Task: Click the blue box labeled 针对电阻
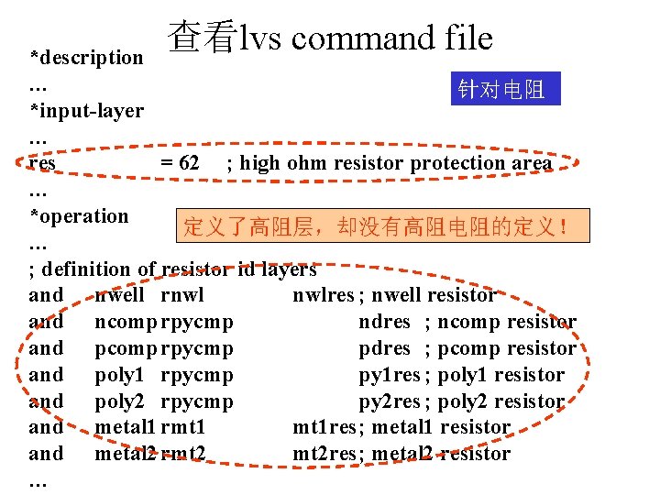tap(505, 89)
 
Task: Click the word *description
tap(87, 57)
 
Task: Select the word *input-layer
tap(87, 111)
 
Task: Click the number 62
tap(189, 163)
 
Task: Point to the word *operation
tap(79, 216)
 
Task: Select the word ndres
tap(385, 322)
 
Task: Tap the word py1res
tap(390, 375)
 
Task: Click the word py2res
tap(390, 401)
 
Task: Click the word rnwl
tap(181, 295)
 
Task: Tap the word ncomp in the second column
tap(126, 322)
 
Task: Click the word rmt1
tap(182, 427)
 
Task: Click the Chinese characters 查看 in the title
tap(203, 38)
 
